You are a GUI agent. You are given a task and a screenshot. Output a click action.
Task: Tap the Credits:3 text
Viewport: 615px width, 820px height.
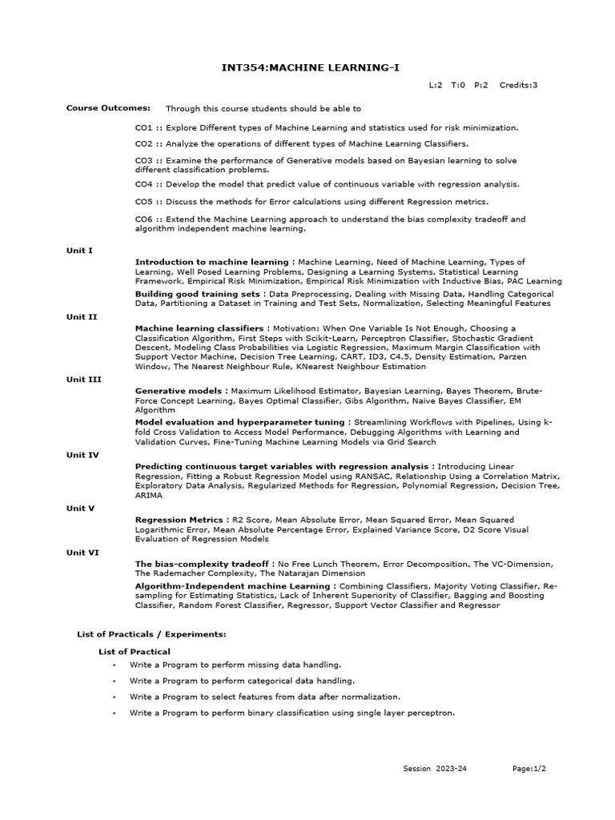519,85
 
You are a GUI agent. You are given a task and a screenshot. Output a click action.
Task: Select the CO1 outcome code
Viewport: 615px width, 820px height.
143,127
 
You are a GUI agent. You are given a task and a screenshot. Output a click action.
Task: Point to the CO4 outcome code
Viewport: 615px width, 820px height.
143,184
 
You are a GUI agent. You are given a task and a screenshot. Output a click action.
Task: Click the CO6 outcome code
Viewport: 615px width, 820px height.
143,219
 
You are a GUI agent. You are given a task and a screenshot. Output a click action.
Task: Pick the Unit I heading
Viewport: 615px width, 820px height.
79,251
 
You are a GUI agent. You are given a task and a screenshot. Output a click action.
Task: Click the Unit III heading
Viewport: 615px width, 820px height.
83,380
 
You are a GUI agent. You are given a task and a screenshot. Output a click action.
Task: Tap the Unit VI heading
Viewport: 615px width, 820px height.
82,553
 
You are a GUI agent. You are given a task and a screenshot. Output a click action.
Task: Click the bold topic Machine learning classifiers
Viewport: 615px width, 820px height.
199,328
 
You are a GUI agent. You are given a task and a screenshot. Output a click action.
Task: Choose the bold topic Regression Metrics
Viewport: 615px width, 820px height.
180,520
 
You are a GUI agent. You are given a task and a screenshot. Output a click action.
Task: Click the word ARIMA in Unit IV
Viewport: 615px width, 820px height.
148,496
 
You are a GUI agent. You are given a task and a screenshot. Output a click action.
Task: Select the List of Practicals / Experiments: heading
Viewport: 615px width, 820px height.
151,634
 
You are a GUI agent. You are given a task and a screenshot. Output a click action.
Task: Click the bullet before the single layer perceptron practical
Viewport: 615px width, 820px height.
115,713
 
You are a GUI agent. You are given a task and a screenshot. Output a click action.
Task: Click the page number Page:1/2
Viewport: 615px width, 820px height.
529,769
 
